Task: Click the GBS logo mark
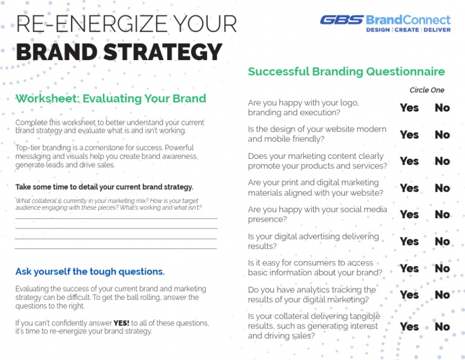pos(341,19)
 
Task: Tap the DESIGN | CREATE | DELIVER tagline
pos(408,30)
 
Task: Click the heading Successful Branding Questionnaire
pos(346,72)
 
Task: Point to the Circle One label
pos(427,90)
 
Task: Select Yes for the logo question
pos(409,107)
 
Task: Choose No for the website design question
pos(443,135)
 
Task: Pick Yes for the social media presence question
pos(409,214)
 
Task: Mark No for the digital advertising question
pos(443,241)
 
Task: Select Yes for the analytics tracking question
pos(409,295)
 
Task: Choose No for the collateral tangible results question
pos(443,327)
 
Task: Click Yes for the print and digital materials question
pos(409,188)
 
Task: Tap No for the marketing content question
pos(443,161)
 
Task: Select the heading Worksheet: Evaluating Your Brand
pos(111,98)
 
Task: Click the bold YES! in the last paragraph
pos(122,323)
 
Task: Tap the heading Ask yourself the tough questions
pos(90,272)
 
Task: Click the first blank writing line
pos(116,218)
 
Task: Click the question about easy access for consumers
pos(315,268)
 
